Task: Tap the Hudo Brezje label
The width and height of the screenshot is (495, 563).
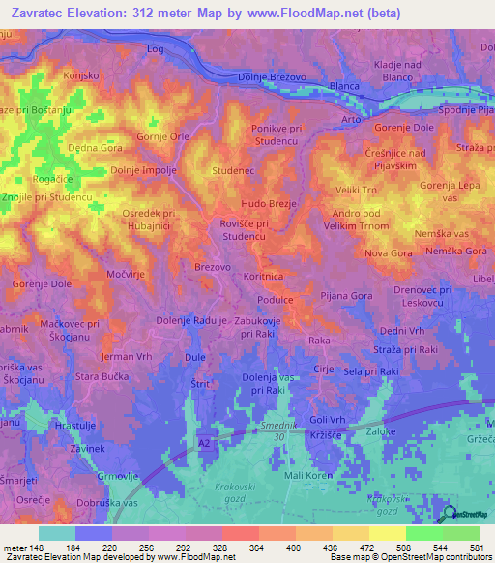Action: (269, 205)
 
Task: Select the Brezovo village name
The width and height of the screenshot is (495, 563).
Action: (213, 266)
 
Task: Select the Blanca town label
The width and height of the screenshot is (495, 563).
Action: (344, 85)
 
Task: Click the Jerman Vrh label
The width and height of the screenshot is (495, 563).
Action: (128, 358)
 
